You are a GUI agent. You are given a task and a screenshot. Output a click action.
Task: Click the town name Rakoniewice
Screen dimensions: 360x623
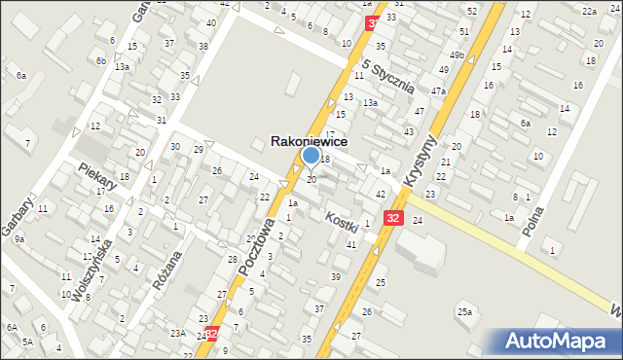(x=309, y=141)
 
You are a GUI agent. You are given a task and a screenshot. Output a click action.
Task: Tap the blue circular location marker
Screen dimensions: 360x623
(x=311, y=156)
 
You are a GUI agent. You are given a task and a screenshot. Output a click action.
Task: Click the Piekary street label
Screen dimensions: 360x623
(x=99, y=175)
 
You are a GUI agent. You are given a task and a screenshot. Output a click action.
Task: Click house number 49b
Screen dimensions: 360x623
(x=456, y=54)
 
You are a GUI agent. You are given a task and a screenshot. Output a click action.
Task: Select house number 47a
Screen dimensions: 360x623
(x=438, y=90)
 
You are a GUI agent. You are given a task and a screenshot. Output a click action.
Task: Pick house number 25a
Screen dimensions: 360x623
(x=465, y=311)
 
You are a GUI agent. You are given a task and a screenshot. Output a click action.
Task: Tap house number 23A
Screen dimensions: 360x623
(x=178, y=333)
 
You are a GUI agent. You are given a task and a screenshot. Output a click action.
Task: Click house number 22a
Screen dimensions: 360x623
(x=588, y=11)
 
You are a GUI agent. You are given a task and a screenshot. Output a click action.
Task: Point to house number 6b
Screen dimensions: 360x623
(x=100, y=60)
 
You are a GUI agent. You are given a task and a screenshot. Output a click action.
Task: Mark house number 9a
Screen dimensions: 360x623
(x=18, y=238)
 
